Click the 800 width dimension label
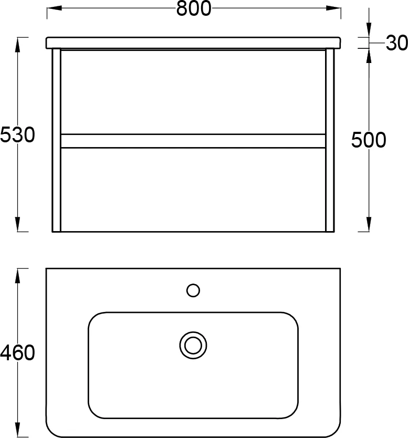[194, 8]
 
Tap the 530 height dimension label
[17, 134]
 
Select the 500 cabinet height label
[368, 140]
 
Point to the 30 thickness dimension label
[396, 43]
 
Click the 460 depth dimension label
[17, 352]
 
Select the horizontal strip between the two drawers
[193, 141]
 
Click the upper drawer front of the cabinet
[193, 92]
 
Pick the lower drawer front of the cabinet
[193, 190]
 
